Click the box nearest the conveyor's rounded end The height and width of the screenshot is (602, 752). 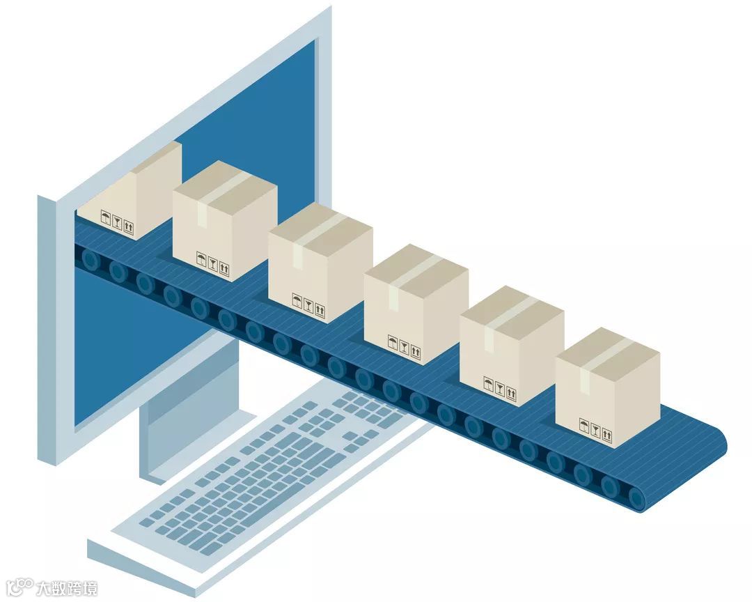click(x=607, y=390)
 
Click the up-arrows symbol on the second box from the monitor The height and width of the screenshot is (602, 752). click(x=224, y=268)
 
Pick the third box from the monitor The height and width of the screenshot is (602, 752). click(x=320, y=265)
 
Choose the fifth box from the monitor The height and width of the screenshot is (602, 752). click(x=512, y=348)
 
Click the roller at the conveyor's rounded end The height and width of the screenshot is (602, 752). click(x=636, y=496)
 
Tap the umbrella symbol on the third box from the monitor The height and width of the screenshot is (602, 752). click(x=297, y=301)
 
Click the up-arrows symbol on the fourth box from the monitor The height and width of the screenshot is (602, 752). click(x=416, y=351)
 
